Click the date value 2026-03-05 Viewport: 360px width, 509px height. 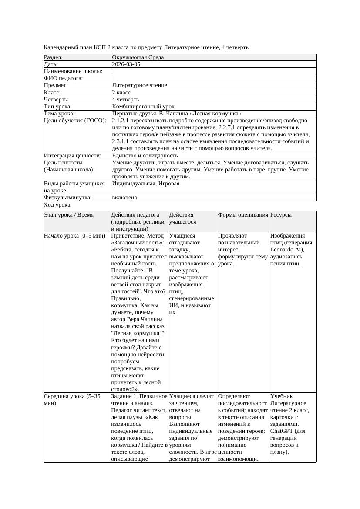[x=126, y=64]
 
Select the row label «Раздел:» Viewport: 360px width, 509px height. [x=54, y=57]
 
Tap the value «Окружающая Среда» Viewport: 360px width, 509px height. [x=138, y=57]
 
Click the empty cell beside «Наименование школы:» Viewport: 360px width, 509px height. [x=214, y=71]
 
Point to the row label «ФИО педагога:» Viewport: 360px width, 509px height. [x=64, y=78]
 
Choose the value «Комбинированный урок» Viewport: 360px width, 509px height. [x=143, y=107]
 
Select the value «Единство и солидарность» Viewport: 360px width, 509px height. [x=145, y=156]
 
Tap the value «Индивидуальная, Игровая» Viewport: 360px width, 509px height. [x=146, y=184]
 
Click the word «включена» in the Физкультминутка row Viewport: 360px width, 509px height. [x=124, y=198]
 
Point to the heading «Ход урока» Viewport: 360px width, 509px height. [x=57, y=205]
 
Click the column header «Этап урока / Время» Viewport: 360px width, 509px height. [x=69, y=215]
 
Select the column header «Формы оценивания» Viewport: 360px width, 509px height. [x=243, y=215]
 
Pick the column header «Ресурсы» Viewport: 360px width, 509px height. [x=281, y=215]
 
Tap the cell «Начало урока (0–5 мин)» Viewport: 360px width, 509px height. [x=74, y=236]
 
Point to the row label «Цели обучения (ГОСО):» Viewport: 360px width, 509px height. [x=75, y=121]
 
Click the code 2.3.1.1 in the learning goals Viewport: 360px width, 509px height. [x=124, y=141]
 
